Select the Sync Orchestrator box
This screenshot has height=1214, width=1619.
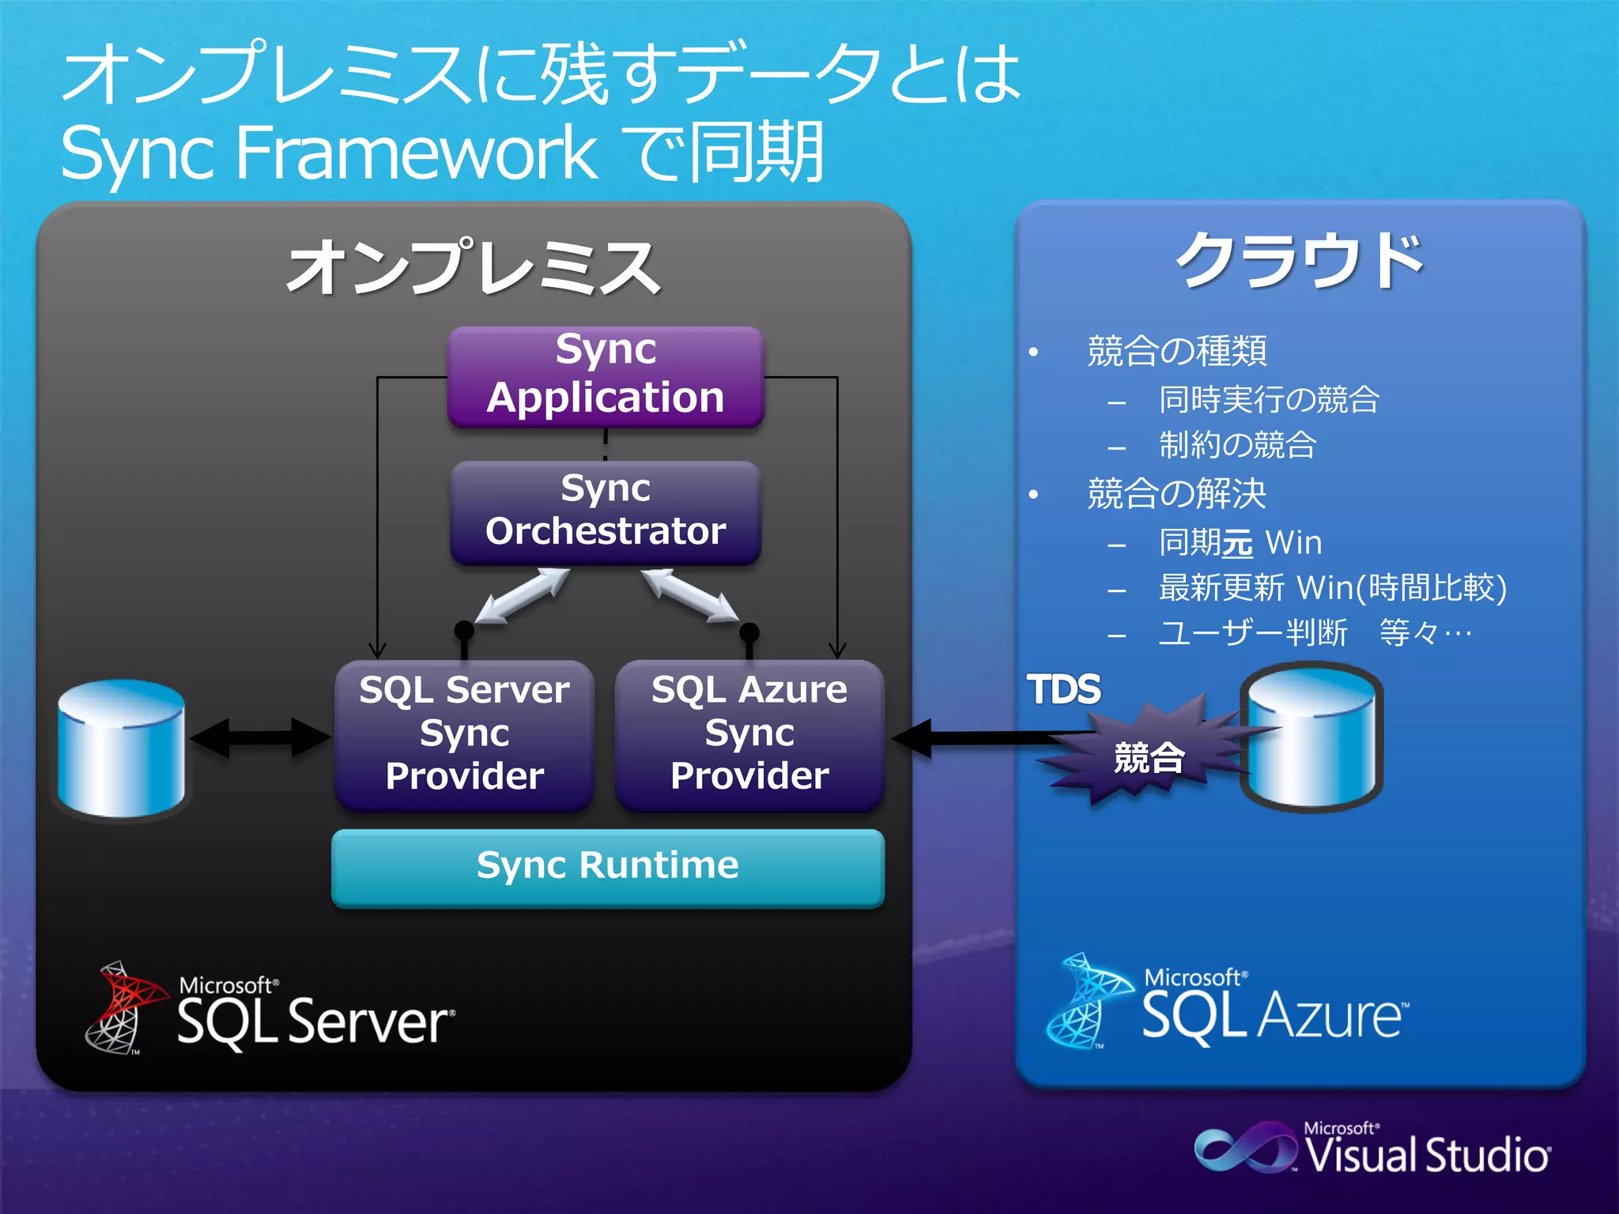(x=606, y=511)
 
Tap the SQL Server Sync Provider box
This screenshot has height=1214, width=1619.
(x=464, y=733)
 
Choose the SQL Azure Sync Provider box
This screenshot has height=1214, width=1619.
(x=749, y=733)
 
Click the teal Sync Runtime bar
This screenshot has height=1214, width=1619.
(x=607, y=866)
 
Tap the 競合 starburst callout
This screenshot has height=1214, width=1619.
(x=1148, y=756)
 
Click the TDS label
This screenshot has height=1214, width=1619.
(x=1062, y=689)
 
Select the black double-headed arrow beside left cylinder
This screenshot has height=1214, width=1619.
(x=260, y=738)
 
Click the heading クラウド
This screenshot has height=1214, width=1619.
(x=1300, y=261)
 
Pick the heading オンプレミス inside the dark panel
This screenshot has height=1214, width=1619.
(x=473, y=269)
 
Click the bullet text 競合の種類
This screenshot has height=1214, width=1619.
(x=1176, y=352)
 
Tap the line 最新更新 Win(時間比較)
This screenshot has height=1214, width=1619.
(x=1332, y=588)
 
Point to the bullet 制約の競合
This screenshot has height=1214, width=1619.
(x=1237, y=445)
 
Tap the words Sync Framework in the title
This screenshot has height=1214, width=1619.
(x=328, y=152)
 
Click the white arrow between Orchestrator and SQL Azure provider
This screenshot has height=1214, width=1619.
(x=689, y=594)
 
